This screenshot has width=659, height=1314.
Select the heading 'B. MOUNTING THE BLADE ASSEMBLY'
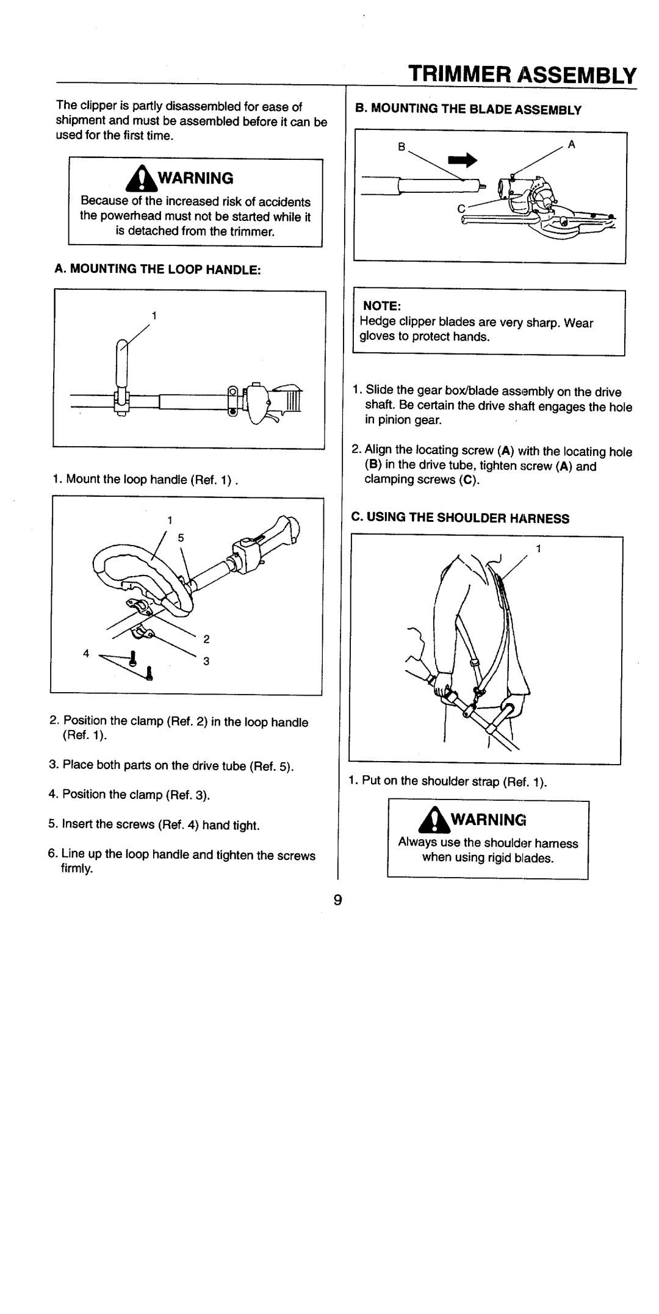(x=469, y=110)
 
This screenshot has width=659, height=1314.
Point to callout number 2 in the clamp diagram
(x=206, y=640)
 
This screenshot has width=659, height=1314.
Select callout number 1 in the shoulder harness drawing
(x=538, y=549)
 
